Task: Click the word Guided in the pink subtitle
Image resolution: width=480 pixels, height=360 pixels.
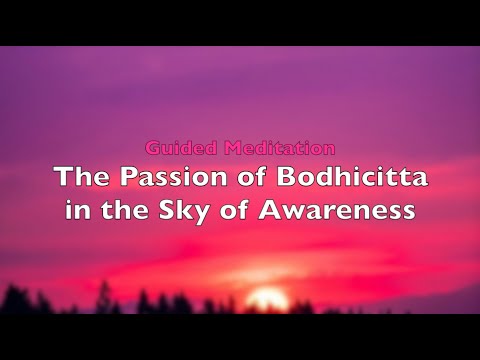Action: point(178,148)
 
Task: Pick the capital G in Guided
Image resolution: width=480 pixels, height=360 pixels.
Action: point(151,148)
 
